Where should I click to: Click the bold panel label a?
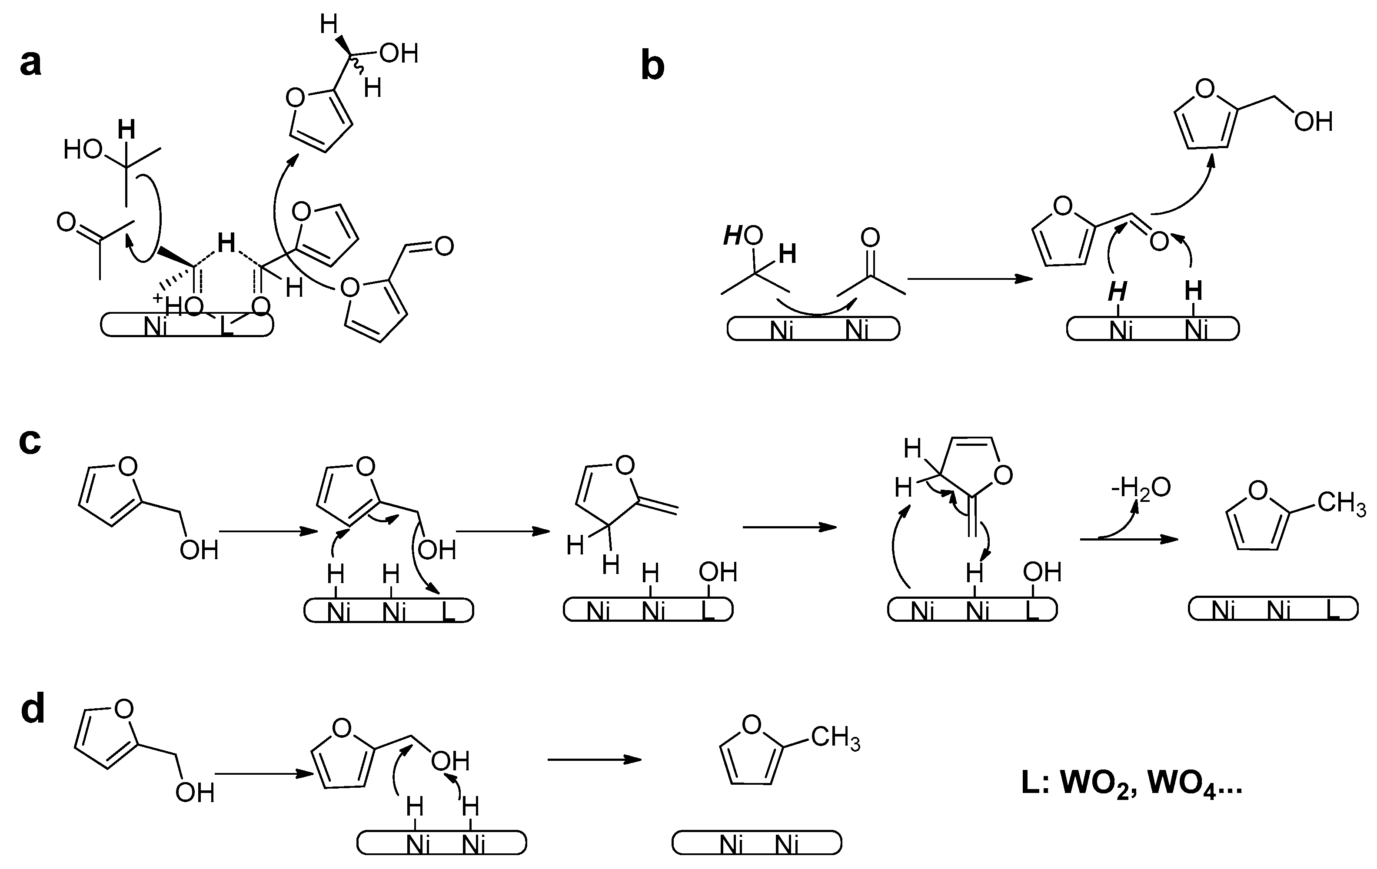point(31,63)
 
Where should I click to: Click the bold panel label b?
point(652,67)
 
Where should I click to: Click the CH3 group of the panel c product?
point(1341,503)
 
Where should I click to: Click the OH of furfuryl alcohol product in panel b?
point(1313,122)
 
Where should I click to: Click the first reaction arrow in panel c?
point(268,532)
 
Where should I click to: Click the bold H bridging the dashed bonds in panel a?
point(226,244)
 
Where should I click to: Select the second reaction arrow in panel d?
point(594,759)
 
